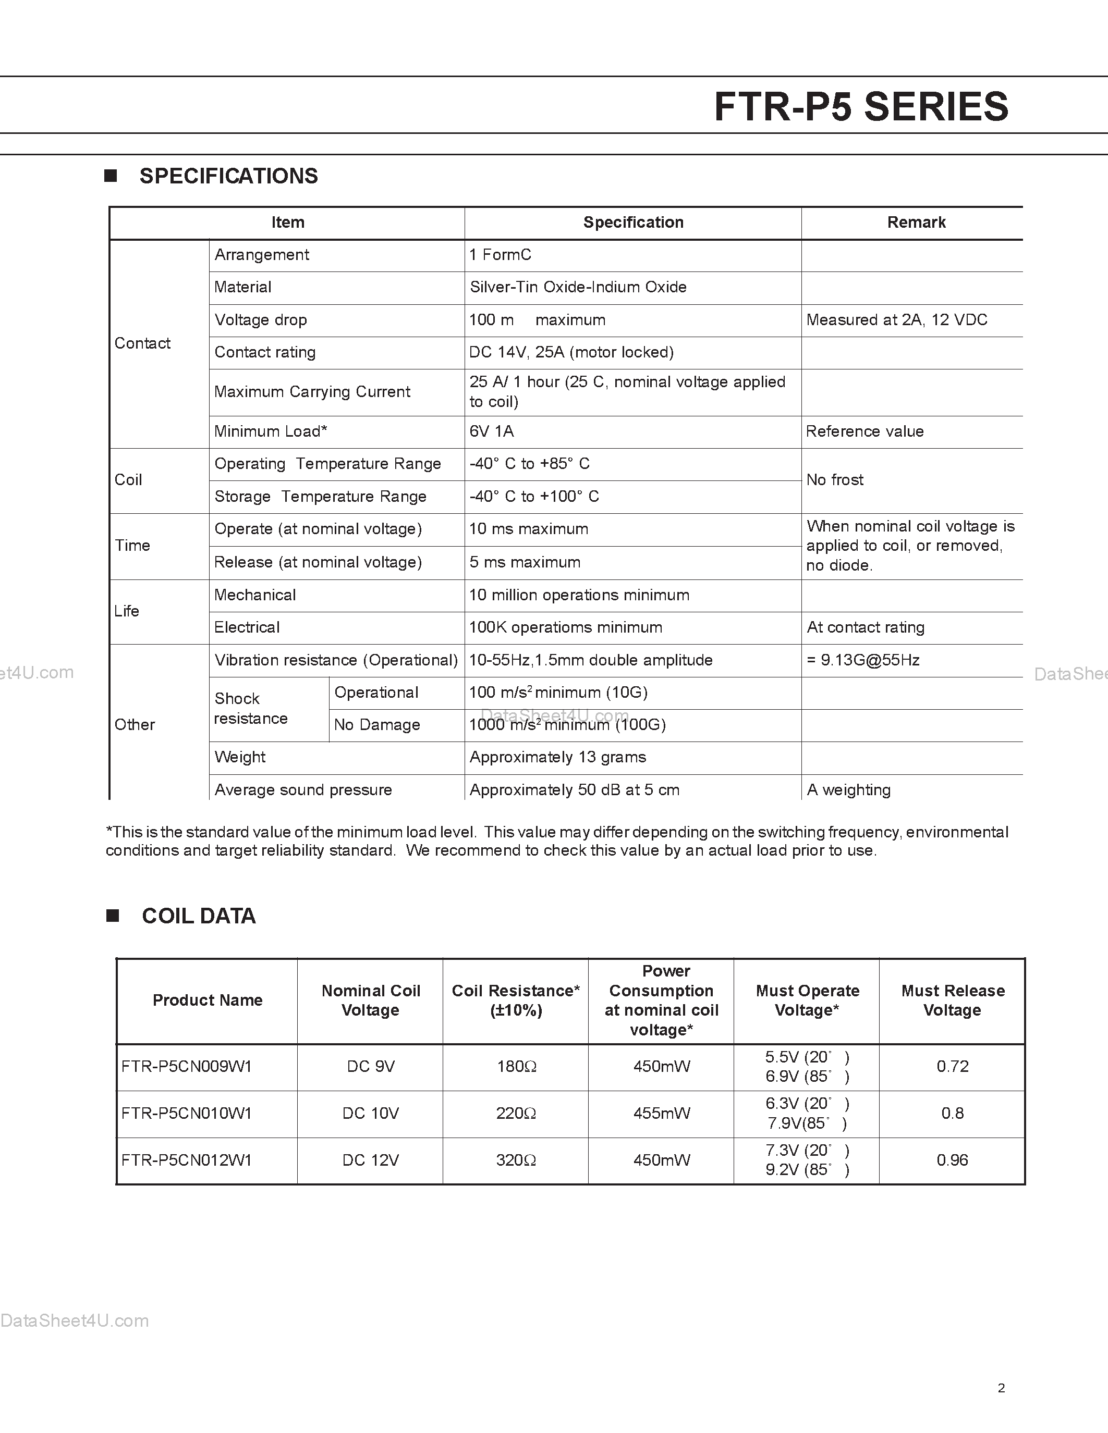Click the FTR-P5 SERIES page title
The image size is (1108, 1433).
coord(860,107)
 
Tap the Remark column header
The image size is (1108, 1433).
coord(916,223)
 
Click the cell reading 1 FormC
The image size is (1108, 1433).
coord(500,255)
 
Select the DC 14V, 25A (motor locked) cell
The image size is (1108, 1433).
coord(571,352)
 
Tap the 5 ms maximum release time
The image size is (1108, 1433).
coord(525,562)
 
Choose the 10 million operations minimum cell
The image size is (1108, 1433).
coord(579,595)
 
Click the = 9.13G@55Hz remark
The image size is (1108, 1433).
coord(862,660)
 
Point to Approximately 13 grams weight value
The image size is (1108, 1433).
coord(557,757)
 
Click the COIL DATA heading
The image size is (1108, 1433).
coord(198,916)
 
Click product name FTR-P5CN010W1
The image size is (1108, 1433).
coord(187,1114)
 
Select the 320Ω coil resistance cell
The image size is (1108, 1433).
coord(516,1160)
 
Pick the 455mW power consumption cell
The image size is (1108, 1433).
coord(661,1114)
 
